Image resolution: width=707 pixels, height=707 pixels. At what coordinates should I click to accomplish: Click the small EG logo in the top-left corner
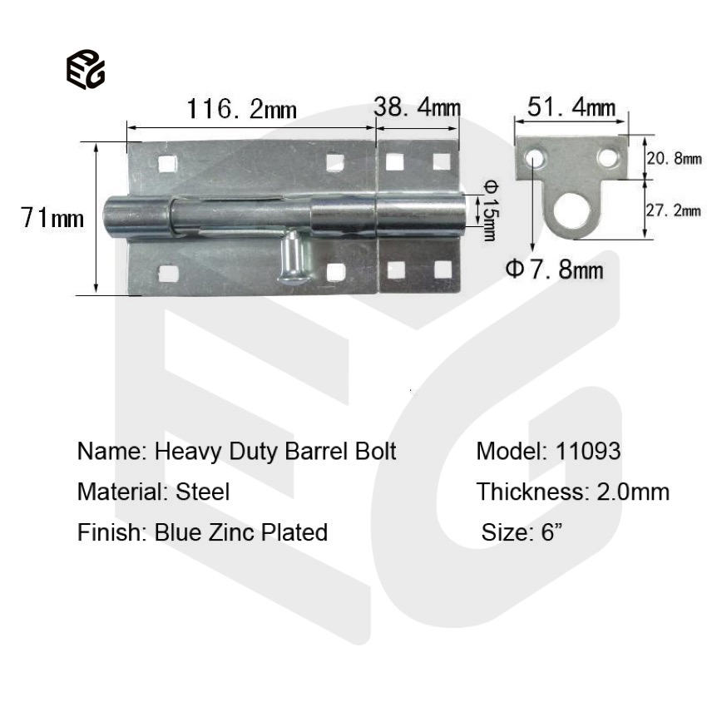pos(85,69)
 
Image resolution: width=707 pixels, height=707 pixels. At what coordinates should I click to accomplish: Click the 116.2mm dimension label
pos(241,108)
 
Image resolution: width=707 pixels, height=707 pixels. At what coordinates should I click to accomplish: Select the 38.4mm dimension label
pos(417,107)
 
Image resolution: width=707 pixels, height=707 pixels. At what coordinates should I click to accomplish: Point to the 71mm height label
pos(53,218)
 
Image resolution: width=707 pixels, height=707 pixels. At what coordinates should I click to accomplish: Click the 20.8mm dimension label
pos(674,158)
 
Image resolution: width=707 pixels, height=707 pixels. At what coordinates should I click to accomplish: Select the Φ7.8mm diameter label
pos(555,269)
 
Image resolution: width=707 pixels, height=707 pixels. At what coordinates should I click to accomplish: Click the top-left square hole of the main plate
pos(167,163)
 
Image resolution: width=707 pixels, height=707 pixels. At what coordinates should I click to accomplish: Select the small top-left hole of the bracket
pos(534,156)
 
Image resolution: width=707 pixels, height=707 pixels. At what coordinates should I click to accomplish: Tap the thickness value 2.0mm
pos(633,492)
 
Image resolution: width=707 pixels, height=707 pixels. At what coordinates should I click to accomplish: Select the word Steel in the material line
pos(202,492)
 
